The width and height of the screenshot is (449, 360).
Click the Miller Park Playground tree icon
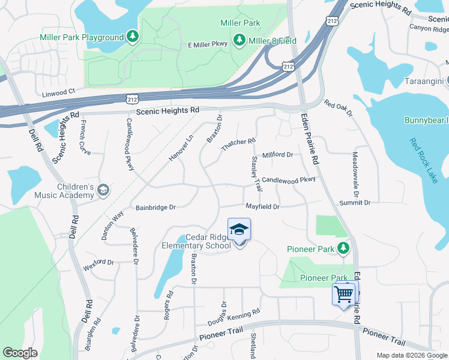point(133,37)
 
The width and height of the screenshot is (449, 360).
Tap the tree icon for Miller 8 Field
point(240,40)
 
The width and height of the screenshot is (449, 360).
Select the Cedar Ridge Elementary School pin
point(239,230)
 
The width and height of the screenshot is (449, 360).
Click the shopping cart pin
point(345,294)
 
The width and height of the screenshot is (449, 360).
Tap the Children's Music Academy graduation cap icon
point(103,190)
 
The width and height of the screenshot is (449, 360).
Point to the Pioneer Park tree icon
point(343,247)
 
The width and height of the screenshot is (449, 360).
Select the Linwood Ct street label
point(58,92)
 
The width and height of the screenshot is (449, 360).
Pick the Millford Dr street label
point(277,155)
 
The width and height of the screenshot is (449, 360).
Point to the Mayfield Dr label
point(263,206)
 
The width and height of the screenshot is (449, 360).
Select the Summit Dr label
point(355,203)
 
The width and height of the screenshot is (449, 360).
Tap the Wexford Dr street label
point(98,262)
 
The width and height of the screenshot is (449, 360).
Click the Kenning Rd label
point(247,313)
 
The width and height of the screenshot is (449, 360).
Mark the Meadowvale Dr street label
point(355,169)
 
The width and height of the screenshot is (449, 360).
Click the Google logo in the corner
point(20,353)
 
